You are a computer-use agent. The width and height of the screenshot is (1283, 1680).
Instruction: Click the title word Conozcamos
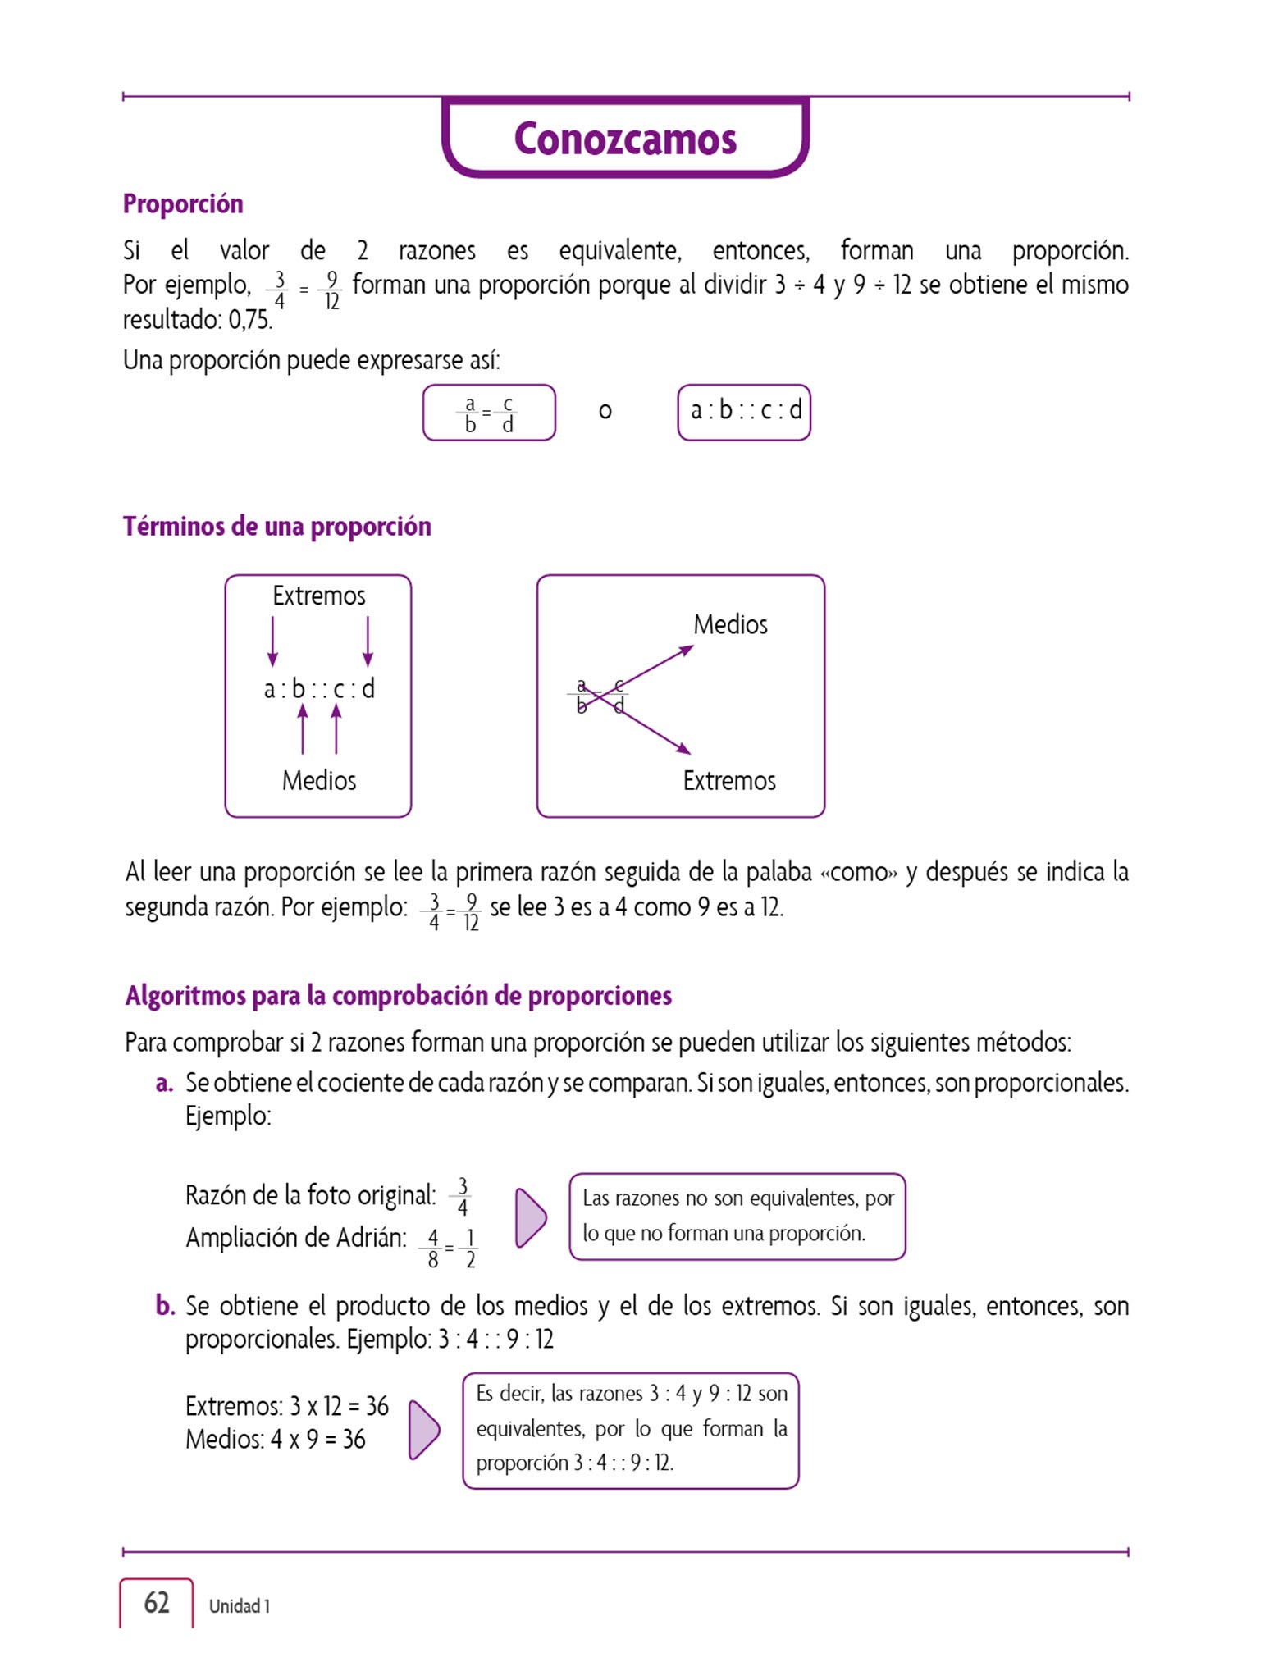pyautogui.click(x=625, y=139)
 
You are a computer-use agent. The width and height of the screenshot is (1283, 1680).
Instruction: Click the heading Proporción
pyautogui.click(x=183, y=203)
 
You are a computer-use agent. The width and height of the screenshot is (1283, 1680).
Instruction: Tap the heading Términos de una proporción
pyautogui.click(x=276, y=526)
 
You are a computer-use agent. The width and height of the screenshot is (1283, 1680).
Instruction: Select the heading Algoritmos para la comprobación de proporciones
pyautogui.click(x=398, y=995)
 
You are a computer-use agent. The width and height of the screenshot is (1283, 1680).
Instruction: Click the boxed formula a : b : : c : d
pyautogui.click(x=744, y=411)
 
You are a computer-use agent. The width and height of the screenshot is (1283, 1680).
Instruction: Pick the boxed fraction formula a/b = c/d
pyautogui.click(x=489, y=413)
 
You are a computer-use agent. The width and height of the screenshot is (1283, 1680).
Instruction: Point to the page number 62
pyautogui.click(x=156, y=1602)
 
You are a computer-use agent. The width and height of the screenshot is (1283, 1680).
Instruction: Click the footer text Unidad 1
pyautogui.click(x=239, y=1605)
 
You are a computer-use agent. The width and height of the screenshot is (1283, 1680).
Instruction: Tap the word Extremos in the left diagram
pyautogui.click(x=318, y=596)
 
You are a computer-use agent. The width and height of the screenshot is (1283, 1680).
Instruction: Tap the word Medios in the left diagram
pyautogui.click(x=318, y=780)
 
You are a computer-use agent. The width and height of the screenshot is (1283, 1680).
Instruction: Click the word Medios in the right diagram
pyautogui.click(x=730, y=624)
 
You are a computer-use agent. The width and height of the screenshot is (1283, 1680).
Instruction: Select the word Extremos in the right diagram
pyautogui.click(x=728, y=780)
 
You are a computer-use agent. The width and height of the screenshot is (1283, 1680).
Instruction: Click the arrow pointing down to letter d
pyautogui.click(x=368, y=641)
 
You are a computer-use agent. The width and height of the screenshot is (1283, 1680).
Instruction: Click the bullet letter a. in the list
pyautogui.click(x=164, y=1083)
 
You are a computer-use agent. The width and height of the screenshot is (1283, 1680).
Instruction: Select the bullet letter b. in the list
pyautogui.click(x=165, y=1305)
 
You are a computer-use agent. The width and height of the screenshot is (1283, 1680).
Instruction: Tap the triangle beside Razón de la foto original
pyautogui.click(x=531, y=1217)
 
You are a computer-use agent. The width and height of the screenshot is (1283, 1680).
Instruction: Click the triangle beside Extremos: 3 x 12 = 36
pyautogui.click(x=424, y=1429)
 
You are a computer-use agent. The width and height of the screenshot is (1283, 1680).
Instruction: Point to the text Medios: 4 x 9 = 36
pyautogui.click(x=275, y=1439)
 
